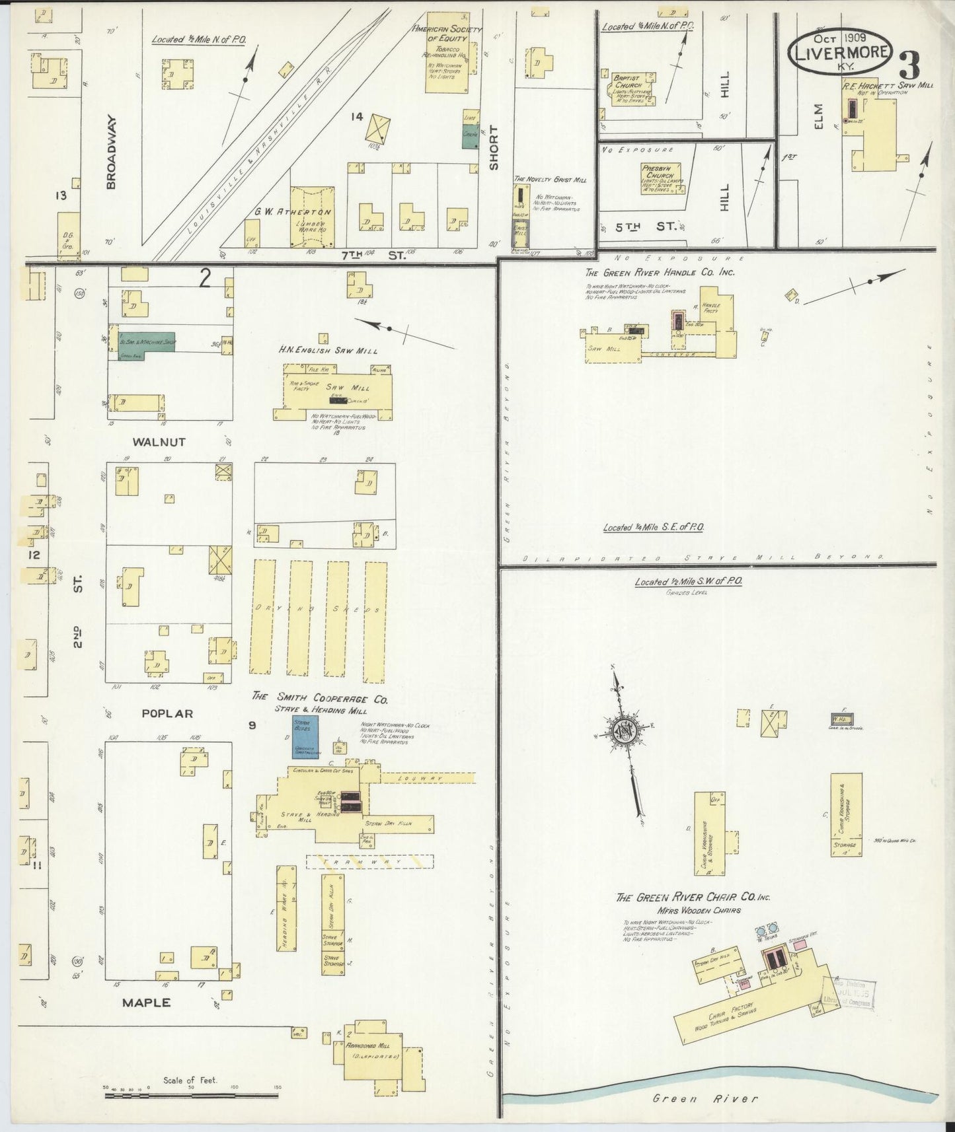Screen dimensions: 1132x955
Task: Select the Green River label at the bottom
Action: click(705, 1098)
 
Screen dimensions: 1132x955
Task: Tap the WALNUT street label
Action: click(159, 442)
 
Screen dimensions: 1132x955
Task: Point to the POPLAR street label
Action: click(168, 713)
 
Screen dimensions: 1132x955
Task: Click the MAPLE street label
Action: click(146, 1003)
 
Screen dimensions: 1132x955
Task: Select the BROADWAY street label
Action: click(111, 153)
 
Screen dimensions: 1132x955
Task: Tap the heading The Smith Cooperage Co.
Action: click(319, 698)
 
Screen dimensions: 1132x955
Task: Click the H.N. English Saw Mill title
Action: click(327, 351)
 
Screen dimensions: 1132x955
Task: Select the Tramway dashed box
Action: click(369, 861)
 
